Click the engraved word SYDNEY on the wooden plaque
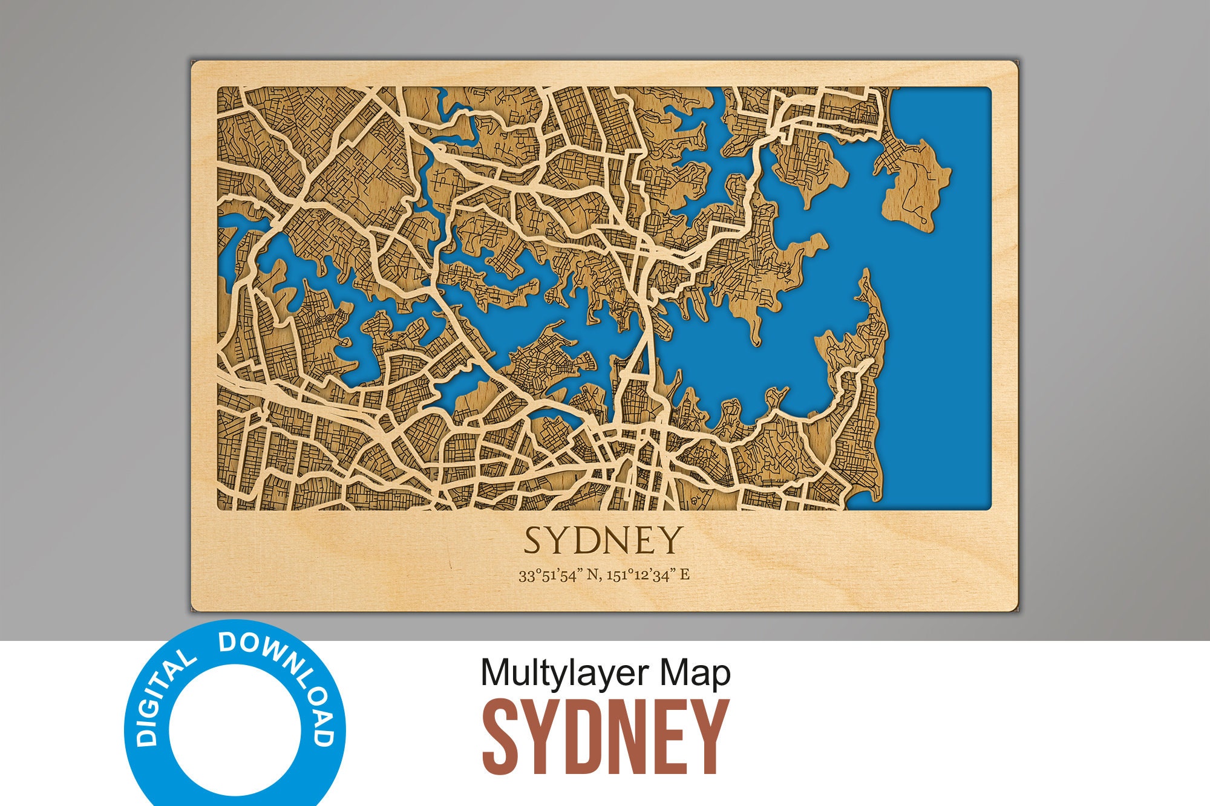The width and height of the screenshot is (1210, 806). pos(603,540)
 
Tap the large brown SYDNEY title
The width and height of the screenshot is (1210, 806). pos(605,737)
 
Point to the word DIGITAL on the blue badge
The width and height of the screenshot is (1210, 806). pos(161,701)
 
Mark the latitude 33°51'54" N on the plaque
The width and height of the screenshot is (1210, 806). pos(557,575)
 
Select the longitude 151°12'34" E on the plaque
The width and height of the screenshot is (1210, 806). pos(647,575)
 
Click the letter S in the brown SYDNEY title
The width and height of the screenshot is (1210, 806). pos(503,737)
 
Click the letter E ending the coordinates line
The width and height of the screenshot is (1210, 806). pos(684,575)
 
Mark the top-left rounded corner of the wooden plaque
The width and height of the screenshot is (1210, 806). pos(195,65)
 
